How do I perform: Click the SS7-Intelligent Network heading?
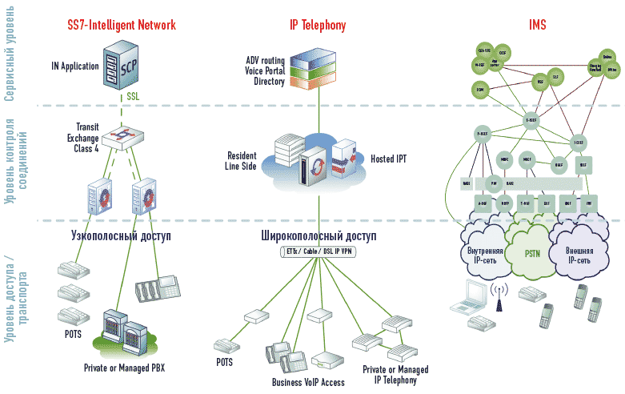[121, 26]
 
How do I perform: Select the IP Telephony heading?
[318, 26]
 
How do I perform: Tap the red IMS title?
[537, 26]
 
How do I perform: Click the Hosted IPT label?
[388, 159]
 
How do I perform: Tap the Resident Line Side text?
[242, 160]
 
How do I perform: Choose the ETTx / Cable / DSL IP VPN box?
[318, 252]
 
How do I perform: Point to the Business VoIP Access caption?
[308, 382]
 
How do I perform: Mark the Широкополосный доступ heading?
[318, 237]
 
